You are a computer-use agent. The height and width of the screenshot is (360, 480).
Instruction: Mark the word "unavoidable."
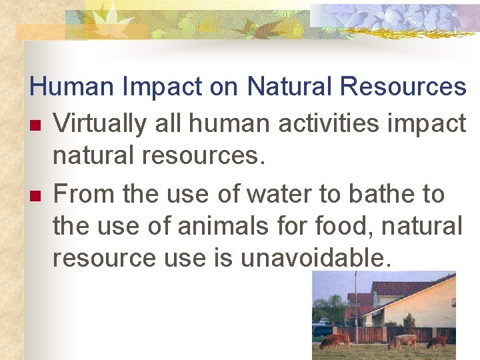point(316,258)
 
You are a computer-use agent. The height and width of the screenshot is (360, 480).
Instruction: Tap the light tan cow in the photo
point(402,341)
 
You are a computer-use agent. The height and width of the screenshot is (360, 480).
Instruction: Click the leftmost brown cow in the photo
point(335,341)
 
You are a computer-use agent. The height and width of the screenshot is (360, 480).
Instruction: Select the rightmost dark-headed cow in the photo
point(438,341)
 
